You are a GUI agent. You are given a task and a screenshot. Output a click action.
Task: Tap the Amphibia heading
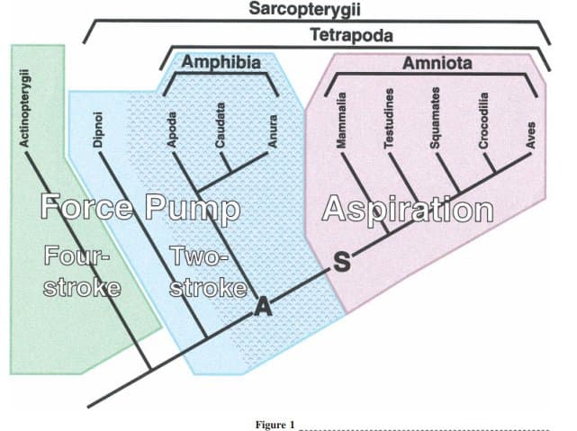221,62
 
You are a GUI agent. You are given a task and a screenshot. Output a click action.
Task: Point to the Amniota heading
437,64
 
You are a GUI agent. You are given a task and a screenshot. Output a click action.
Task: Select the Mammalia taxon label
339,112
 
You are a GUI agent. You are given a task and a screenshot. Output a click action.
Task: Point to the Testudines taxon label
389,112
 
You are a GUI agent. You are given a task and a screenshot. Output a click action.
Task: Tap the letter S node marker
340,263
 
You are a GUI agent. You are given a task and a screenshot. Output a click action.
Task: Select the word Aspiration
408,211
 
